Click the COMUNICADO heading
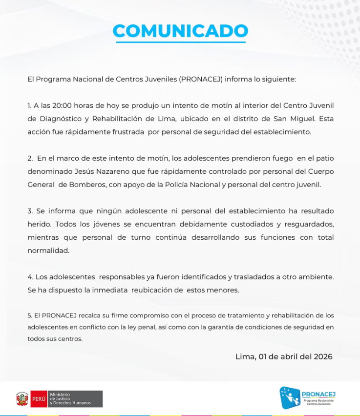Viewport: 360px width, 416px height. (x=180, y=31)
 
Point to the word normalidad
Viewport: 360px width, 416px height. (x=49, y=250)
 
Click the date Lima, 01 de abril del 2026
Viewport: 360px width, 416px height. (x=284, y=356)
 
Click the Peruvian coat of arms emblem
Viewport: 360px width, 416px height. (x=22, y=398)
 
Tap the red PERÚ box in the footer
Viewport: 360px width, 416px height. (x=39, y=398)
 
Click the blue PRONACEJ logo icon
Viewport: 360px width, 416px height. (x=290, y=397)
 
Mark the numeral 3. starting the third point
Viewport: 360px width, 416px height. (x=30, y=211)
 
